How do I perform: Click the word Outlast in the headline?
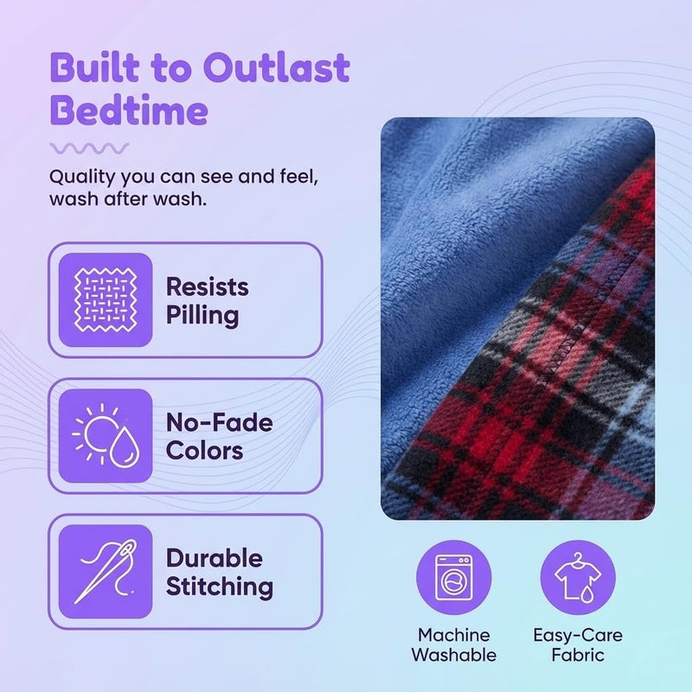tap(276, 67)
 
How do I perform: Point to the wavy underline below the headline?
tap(89, 148)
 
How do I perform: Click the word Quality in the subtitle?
tap(82, 177)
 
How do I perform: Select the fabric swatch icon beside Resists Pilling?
tap(106, 299)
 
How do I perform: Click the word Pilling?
tap(202, 316)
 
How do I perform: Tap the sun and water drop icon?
tap(106, 436)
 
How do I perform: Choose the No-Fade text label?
tap(220, 423)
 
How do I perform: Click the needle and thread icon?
tap(106, 572)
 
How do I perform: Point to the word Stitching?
tap(220, 587)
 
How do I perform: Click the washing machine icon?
tap(453, 578)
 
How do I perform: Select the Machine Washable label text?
tap(453, 645)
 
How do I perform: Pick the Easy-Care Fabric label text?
tap(578, 645)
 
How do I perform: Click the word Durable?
tap(215, 558)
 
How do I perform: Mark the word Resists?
tap(208, 287)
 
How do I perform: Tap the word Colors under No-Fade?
tap(205, 451)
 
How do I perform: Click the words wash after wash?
tap(128, 200)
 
